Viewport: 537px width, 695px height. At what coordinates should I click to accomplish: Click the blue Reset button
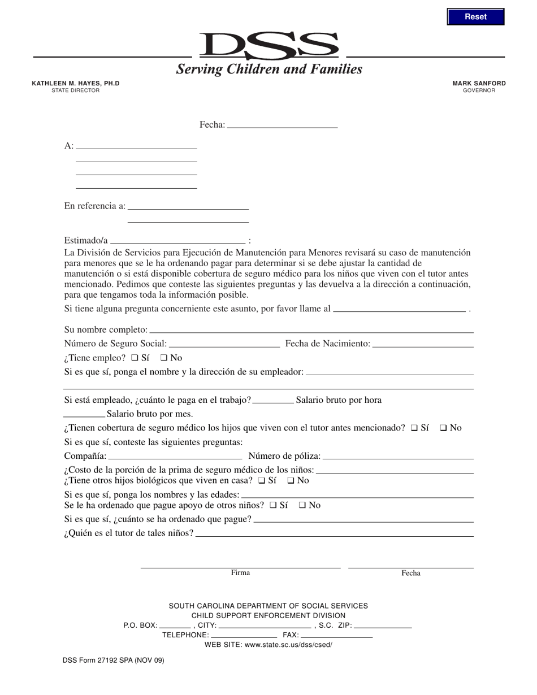[x=475, y=17]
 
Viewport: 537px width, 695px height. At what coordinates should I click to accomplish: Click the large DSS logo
[x=269, y=46]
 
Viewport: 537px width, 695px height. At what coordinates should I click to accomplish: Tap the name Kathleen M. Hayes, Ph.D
[x=76, y=83]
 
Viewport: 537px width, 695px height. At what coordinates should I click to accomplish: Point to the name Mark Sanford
[x=479, y=83]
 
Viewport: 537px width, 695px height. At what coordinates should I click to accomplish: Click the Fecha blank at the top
[x=282, y=125]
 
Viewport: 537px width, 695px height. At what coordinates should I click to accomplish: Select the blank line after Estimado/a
[x=178, y=240]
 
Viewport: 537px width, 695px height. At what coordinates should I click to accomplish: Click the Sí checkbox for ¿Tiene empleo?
[x=135, y=358]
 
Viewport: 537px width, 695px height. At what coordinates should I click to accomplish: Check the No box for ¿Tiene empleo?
[x=164, y=358]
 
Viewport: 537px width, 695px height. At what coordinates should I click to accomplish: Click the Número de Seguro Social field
[x=224, y=344]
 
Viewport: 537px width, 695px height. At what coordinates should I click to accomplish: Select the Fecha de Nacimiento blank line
[x=423, y=344]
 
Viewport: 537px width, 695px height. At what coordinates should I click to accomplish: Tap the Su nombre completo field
[x=311, y=329]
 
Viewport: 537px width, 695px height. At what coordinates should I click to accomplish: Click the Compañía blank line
[x=175, y=456]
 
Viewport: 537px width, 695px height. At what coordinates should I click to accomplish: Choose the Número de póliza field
[x=398, y=456]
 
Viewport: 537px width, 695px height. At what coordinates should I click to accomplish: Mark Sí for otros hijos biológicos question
[x=261, y=481]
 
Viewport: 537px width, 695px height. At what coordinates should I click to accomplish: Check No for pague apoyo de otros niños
[x=302, y=506]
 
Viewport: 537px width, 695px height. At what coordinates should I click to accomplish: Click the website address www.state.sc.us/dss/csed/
[x=288, y=645]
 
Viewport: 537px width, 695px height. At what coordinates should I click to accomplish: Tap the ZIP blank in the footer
[x=383, y=625]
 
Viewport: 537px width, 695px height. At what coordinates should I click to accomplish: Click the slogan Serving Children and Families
[x=269, y=69]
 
